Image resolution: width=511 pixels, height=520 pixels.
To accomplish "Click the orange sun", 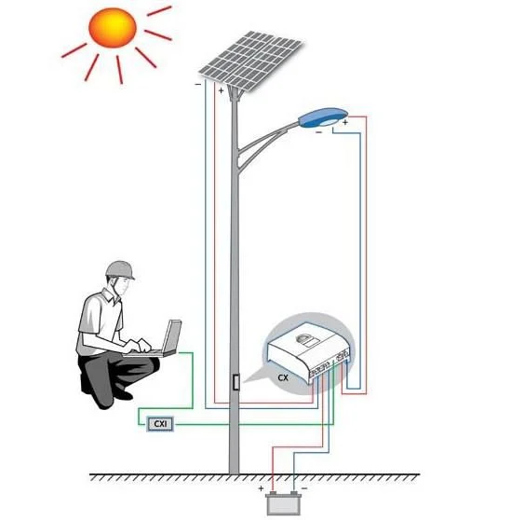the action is (113, 28).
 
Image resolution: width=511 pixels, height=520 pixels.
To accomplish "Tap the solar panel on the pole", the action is (250, 61).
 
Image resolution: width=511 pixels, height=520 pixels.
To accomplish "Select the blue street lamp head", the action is (323, 117).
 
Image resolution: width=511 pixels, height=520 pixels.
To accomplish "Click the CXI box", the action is (160, 424).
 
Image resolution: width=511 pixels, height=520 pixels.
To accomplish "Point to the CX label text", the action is (283, 377).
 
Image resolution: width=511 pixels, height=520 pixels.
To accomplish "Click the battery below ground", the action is (284, 503).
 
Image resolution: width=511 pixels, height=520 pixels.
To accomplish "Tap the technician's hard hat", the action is (120, 270).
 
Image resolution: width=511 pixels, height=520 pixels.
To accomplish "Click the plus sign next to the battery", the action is (261, 488).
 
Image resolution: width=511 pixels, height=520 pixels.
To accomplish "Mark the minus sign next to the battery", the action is (304, 488).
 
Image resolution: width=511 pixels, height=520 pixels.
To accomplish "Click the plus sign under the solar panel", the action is (221, 90).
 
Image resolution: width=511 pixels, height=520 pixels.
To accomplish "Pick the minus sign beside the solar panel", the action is (197, 84).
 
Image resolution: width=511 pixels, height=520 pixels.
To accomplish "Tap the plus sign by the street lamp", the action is (345, 122).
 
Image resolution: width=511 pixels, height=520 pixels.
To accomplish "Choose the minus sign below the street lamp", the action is (318, 132).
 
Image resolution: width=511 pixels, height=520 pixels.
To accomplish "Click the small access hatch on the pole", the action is (235, 381).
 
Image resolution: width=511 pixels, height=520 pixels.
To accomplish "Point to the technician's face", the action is (123, 285).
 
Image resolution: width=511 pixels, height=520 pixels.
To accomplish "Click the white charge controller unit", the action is (308, 352).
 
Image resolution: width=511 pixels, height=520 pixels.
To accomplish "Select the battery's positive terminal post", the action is (273, 493).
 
